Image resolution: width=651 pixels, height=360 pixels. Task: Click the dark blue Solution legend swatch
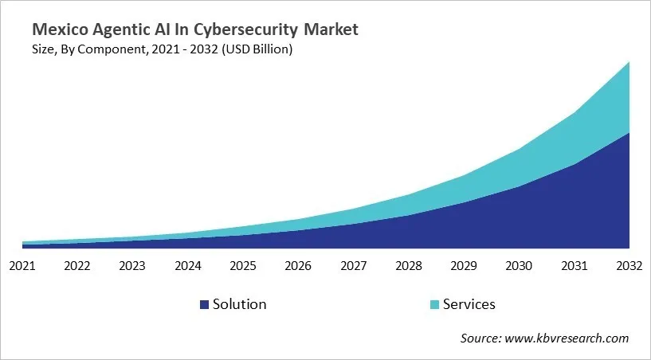click(204, 305)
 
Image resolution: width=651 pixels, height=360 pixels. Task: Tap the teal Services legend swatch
click(433, 305)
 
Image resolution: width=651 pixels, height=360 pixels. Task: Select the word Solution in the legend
click(240, 304)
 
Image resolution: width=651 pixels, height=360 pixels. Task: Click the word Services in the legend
click(469, 304)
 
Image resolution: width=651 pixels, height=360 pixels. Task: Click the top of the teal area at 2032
click(629, 62)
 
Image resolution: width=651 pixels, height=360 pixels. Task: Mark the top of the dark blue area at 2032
click(629, 132)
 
